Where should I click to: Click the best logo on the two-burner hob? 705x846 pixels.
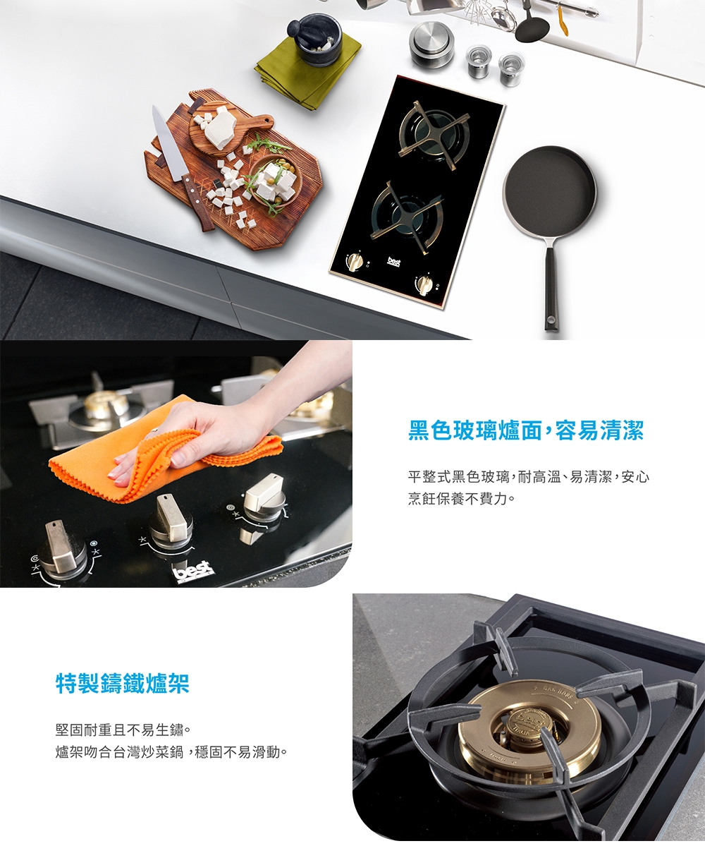point(395,262)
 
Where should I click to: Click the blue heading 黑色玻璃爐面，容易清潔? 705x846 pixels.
point(526,430)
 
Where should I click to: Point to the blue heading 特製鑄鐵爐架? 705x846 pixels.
point(123,683)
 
